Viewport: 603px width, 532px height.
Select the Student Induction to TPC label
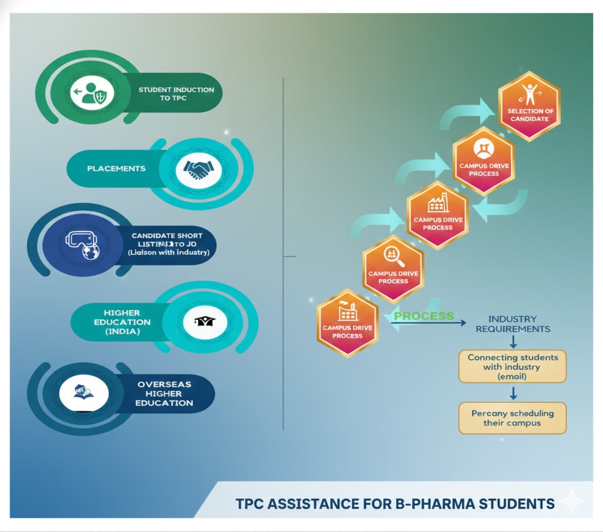176,94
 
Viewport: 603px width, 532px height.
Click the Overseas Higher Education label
165,393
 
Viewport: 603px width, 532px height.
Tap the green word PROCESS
424,316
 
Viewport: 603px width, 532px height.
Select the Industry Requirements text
513,324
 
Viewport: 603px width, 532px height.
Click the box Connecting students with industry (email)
513,366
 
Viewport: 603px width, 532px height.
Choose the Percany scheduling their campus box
513,418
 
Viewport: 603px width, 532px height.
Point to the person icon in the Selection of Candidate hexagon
529,94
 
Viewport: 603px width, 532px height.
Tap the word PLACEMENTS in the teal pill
116,168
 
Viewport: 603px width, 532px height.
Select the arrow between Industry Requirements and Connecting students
513,341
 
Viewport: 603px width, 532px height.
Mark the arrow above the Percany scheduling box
513,393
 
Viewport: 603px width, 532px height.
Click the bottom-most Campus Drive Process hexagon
348,323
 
